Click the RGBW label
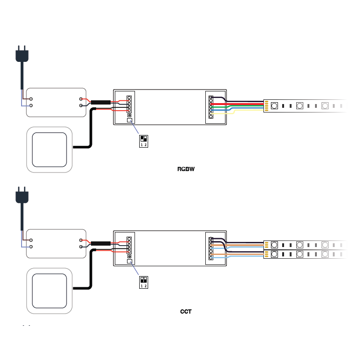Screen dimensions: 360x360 click(186, 169)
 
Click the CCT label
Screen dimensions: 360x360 click(186, 311)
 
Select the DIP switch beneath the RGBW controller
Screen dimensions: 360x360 click(143, 141)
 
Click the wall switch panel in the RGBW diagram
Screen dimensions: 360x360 click(50, 150)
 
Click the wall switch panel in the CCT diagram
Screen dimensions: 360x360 click(50, 291)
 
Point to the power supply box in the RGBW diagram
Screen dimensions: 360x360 click(56, 102)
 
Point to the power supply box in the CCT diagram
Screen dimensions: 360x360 click(56, 243)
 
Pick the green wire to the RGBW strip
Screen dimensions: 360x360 click(244, 107)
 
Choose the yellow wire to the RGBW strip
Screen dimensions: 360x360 click(244, 112)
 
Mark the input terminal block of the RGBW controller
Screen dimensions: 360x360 click(129, 105)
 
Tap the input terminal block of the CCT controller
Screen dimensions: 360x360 click(129, 247)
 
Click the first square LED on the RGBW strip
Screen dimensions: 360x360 click(274, 105)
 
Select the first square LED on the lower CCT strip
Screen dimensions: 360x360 click(274, 254)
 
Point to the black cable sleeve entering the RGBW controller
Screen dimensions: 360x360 click(100, 103)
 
